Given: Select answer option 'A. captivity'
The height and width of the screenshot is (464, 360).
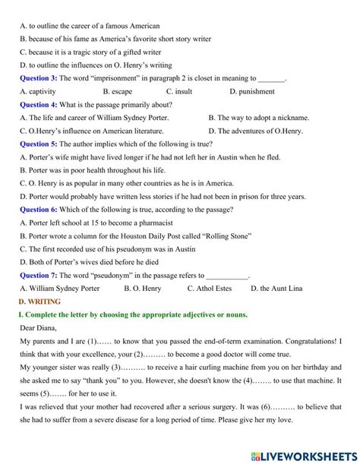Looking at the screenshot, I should point(42,91).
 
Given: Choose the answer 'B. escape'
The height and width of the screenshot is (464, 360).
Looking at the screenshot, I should point(117,91).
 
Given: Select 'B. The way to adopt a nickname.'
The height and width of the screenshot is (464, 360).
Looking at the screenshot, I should point(258,118).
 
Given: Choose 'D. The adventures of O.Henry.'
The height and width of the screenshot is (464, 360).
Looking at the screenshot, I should point(255,131).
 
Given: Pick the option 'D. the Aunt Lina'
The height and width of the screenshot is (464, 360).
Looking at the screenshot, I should point(280,289).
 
